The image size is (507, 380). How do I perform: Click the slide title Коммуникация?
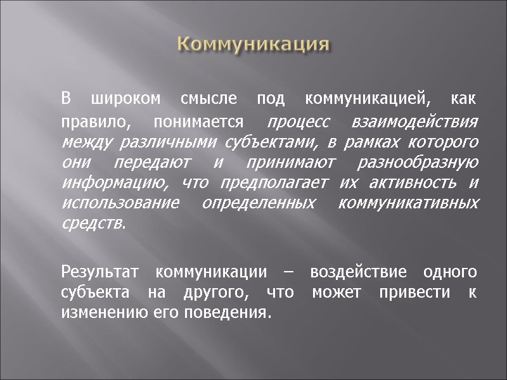pyautogui.click(x=253, y=45)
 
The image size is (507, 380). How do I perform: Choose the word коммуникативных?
pyautogui.click(x=409, y=204)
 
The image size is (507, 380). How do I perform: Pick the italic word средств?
pyautogui.click(x=93, y=224)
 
